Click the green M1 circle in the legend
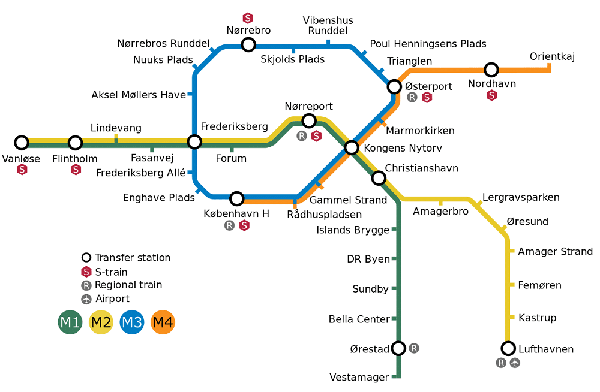click(70, 322)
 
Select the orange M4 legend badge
click(163, 322)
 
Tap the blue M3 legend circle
click(132, 322)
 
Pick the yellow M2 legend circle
click(101, 322)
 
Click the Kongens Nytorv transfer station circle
click(352, 147)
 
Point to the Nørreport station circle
click(309, 121)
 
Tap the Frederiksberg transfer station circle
click(194, 142)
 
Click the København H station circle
click(237, 198)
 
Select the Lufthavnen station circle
click(508, 348)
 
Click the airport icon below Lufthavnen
click(515, 363)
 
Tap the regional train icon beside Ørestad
click(414, 348)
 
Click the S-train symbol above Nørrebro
click(248, 18)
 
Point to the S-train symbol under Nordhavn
click(492, 95)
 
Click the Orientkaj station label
click(552, 56)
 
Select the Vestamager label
click(359, 378)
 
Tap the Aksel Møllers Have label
click(139, 95)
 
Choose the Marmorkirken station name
click(420, 131)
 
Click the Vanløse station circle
click(22, 143)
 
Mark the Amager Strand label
click(555, 252)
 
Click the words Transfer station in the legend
click(133, 257)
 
